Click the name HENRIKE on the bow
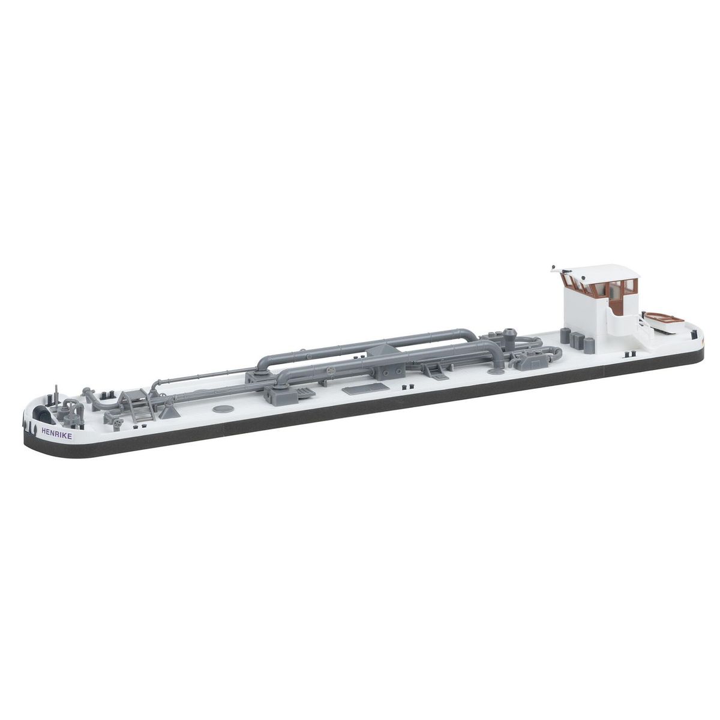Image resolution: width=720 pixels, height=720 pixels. (x=57, y=430)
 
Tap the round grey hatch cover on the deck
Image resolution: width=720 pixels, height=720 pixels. (x=223, y=409)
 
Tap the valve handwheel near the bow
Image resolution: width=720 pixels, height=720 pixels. (x=118, y=424)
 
